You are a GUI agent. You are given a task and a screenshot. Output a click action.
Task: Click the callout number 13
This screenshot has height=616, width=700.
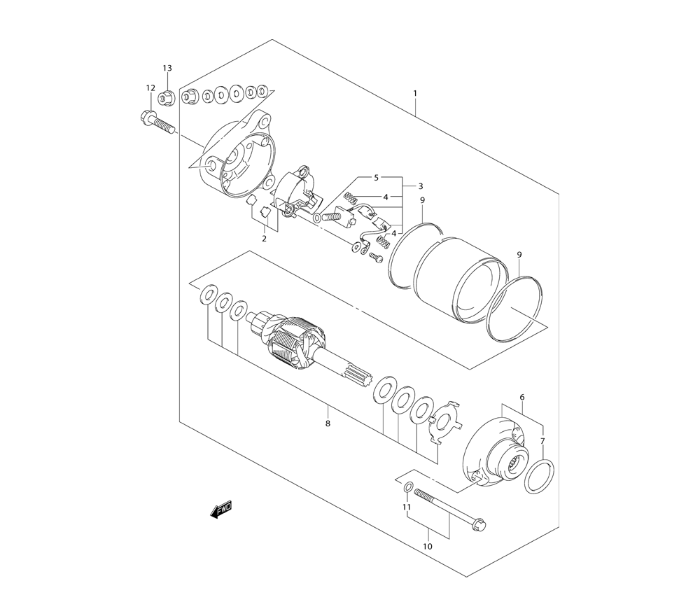click(x=167, y=69)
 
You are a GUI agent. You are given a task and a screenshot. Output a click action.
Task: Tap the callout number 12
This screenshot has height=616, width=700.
click(x=150, y=87)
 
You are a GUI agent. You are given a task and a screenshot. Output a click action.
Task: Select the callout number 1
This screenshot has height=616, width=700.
click(x=414, y=93)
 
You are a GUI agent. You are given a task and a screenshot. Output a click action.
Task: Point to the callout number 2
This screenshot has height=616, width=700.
click(x=265, y=239)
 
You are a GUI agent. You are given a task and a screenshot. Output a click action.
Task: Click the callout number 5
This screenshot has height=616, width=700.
click(x=377, y=178)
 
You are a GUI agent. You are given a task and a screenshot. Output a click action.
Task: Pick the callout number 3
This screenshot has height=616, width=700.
click(x=421, y=186)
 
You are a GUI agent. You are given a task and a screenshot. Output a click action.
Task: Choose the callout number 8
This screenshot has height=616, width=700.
click(x=328, y=423)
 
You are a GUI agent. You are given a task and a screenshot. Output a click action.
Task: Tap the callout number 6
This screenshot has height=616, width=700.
click(x=522, y=397)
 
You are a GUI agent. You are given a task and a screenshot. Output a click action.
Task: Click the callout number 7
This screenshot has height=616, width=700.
click(x=542, y=441)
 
